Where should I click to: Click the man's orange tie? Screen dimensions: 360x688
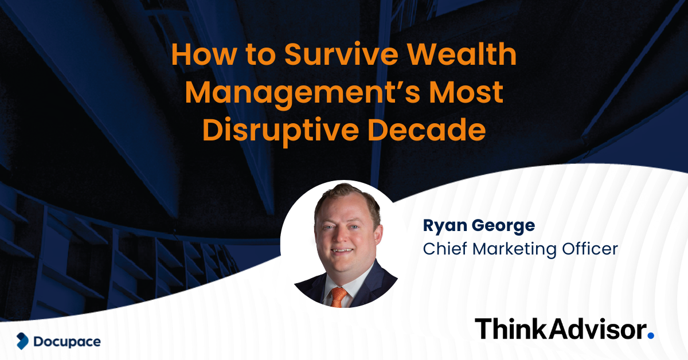[x=339, y=296]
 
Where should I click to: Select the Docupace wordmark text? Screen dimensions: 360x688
[x=67, y=342]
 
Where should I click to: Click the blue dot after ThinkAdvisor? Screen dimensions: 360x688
[x=650, y=334]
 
